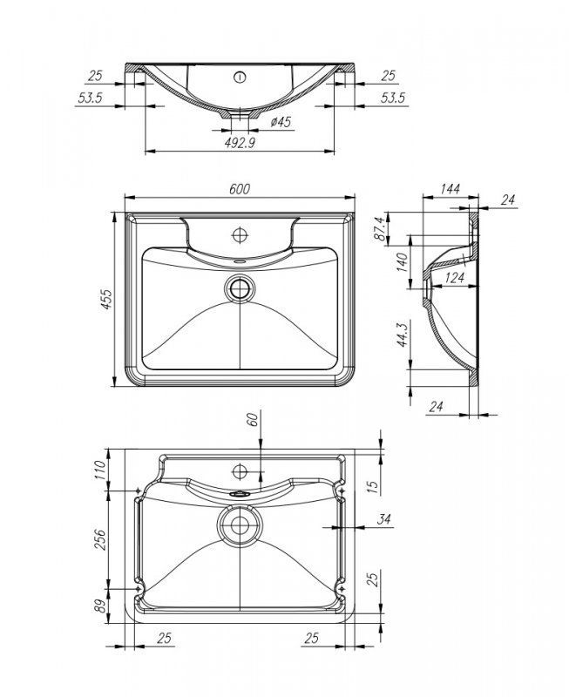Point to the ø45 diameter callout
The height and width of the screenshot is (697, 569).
[280, 122]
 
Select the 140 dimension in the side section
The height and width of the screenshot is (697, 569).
[401, 262]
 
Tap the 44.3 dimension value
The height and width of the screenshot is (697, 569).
[401, 335]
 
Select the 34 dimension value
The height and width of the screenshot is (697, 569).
[383, 520]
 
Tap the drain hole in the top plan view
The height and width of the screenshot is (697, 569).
[239, 287]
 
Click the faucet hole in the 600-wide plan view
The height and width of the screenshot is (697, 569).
[239, 233]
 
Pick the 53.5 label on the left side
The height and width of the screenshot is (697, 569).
[91, 98]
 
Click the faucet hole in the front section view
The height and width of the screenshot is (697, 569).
[239, 76]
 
